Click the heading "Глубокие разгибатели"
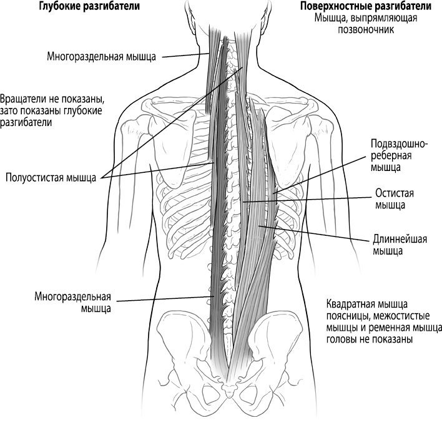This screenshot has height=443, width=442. pyautogui.click(x=89, y=6)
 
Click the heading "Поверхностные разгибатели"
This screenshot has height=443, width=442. pyautogui.click(x=366, y=6)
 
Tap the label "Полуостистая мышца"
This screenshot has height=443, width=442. pyautogui.click(x=51, y=178)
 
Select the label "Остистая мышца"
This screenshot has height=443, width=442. pyautogui.click(x=394, y=199)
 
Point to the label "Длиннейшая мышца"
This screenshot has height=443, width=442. pyautogui.click(x=400, y=245)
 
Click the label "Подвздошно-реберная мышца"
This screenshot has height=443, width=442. pyautogui.click(x=399, y=155)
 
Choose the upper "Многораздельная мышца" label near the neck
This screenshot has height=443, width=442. pyautogui.click(x=102, y=57)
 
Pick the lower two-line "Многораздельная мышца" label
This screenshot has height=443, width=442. pyautogui.click(x=72, y=303)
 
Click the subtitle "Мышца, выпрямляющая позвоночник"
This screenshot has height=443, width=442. pyautogui.click(x=366, y=24)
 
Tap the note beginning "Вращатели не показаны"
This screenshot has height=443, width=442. pyautogui.click(x=52, y=111)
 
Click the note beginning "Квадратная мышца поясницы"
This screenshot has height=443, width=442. pyautogui.click(x=384, y=321)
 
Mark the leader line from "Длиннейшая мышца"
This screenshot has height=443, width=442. pyautogui.click(x=314, y=233)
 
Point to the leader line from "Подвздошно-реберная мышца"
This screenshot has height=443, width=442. pyautogui.click(x=320, y=175)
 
